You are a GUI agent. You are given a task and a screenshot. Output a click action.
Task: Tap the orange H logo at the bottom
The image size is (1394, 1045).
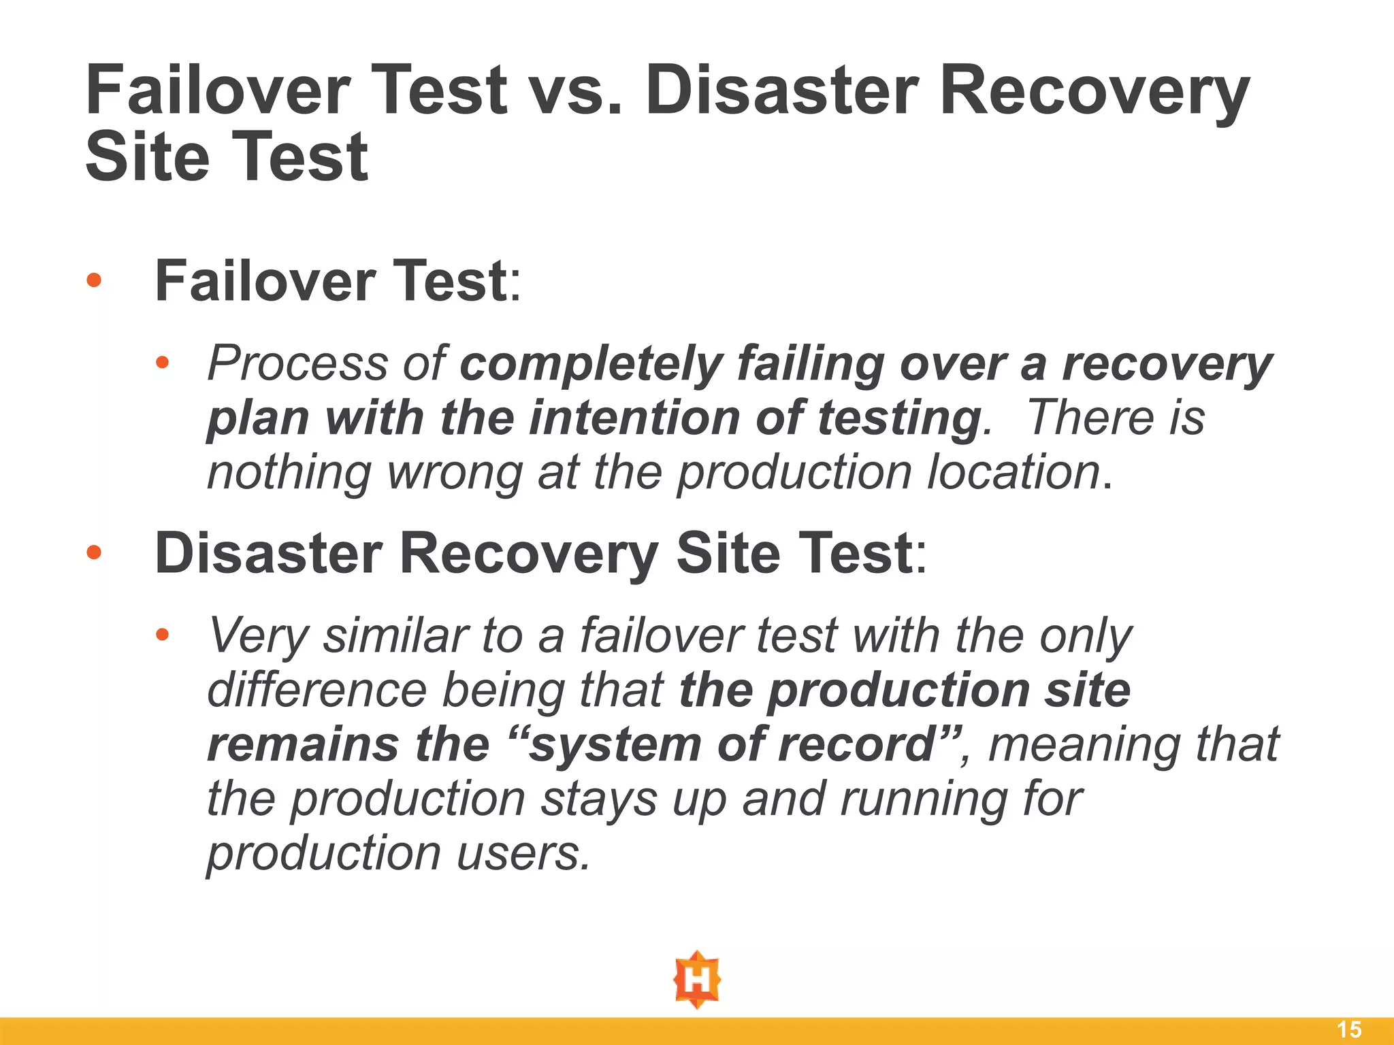click(x=697, y=980)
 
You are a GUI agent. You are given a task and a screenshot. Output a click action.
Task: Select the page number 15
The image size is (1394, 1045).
click(x=1349, y=1029)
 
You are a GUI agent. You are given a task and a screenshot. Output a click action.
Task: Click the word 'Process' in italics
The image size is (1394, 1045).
click(x=297, y=364)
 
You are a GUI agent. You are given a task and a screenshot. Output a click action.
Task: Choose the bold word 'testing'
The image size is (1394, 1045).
click(x=898, y=419)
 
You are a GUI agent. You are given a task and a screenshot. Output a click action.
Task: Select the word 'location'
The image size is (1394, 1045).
click(x=1014, y=472)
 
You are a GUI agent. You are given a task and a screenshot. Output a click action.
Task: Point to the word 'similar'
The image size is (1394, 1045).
click(x=395, y=635)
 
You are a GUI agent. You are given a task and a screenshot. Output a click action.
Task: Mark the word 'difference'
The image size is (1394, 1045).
click(x=317, y=690)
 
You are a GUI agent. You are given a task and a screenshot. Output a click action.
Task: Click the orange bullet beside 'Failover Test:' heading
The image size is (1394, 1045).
click(x=94, y=280)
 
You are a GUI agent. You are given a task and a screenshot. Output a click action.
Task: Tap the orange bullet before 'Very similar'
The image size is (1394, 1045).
click(x=161, y=635)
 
